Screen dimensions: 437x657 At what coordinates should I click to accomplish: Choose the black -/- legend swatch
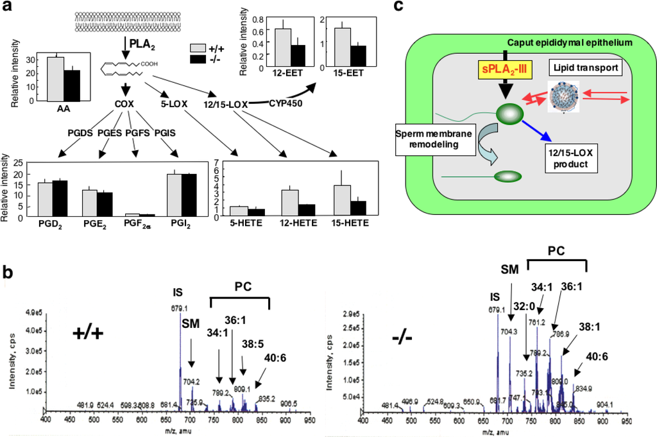click(198, 59)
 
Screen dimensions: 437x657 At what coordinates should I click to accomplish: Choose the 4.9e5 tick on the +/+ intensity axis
click(33, 313)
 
